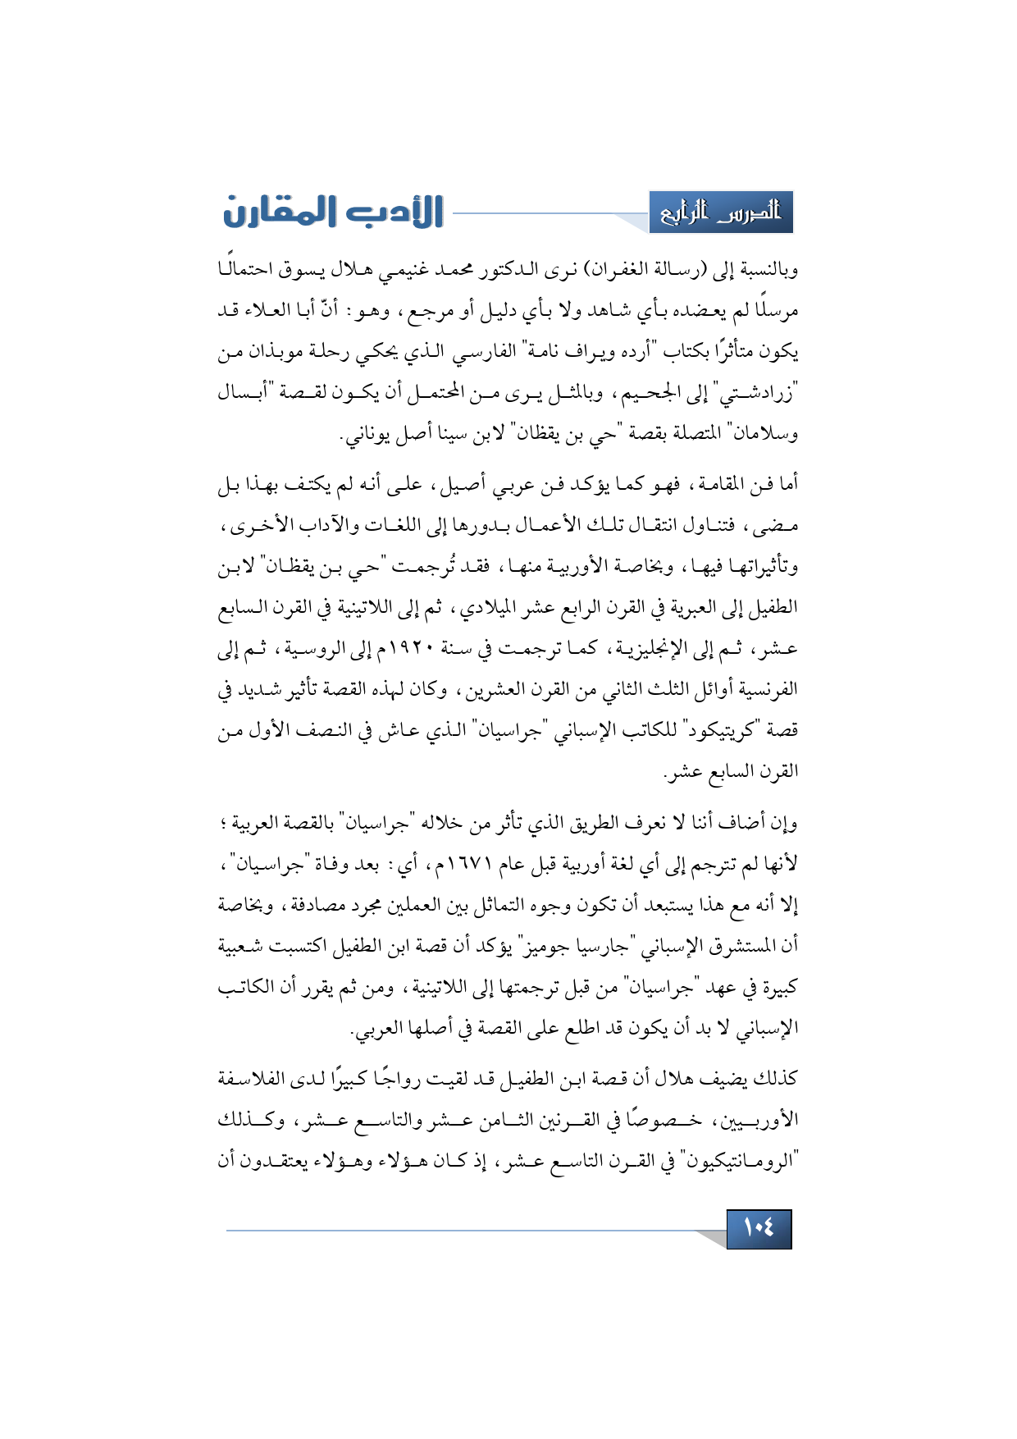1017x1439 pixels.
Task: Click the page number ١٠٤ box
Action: [x=759, y=1228]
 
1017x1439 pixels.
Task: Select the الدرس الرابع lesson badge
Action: [x=721, y=212]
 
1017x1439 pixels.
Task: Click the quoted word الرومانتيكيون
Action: [x=739, y=1161]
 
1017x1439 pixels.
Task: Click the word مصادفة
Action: [x=319, y=905]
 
